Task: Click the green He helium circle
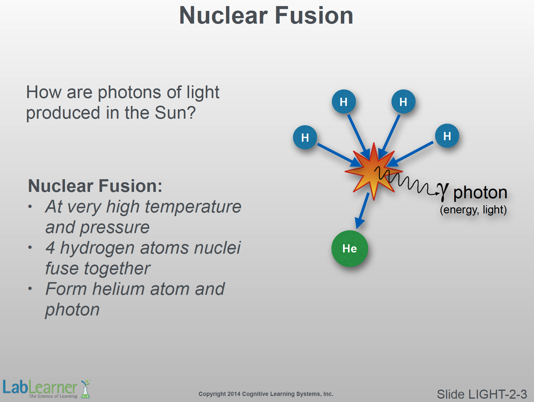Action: (349, 249)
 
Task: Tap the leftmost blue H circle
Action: (305, 137)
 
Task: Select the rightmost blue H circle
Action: (447, 136)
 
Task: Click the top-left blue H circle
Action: (344, 102)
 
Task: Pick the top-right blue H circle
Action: (403, 102)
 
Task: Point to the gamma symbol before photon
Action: (443, 191)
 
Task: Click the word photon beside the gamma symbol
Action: (480, 193)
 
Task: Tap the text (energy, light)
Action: (473, 210)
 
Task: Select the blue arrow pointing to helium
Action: (362, 211)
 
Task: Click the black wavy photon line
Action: (406, 180)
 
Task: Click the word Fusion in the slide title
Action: (314, 15)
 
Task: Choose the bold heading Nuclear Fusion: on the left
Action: (95, 186)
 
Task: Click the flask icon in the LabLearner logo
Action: (86, 389)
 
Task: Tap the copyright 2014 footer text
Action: (266, 394)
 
